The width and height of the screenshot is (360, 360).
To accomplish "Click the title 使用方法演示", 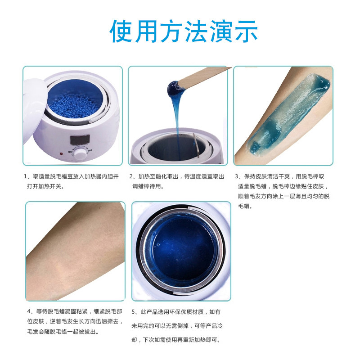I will pyautogui.click(x=184, y=31).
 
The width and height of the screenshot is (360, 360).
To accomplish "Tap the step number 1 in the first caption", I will pyautogui.click(x=26, y=176).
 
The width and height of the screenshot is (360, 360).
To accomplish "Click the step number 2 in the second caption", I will pyautogui.click(x=131, y=176).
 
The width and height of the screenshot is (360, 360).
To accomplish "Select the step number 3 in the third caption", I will pyautogui.click(x=237, y=176).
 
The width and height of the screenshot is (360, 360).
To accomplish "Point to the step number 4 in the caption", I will pyautogui.click(x=29, y=311).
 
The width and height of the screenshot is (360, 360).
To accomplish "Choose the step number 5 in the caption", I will pyautogui.click(x=134, y=311).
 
